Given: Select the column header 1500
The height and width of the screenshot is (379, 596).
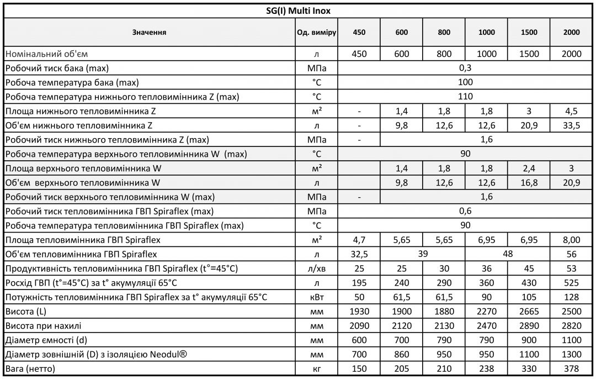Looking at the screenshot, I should coord(529,33).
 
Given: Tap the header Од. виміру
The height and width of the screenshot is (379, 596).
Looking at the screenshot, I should coord(316,33).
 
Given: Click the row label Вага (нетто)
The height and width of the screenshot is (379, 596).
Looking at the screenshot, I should coord(30,369).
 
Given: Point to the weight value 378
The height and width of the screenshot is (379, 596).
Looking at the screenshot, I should coord(572,369).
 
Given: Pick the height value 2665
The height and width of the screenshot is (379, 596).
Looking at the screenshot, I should coord(529,311).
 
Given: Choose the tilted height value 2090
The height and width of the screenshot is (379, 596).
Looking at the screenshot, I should coord(359,325).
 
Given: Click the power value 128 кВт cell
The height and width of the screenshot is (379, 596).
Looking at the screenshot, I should coord(572,297).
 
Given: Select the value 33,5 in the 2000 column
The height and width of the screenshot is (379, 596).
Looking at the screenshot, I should coord(572,125).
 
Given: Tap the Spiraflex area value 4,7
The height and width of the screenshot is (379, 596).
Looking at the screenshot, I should coord(359,240).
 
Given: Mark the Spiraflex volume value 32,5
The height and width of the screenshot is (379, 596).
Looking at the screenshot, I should coord(359,254).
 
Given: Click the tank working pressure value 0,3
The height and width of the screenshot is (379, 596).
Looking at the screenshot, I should coord(465,68).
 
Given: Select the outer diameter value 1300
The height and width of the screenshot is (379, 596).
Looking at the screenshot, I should coord(572,354).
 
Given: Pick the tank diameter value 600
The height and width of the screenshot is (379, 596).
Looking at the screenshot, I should coord(359,340).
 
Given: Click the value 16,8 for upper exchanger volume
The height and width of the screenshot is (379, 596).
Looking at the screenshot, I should coord(529,182).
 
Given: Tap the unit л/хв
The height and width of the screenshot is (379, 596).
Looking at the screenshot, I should coord(316,269).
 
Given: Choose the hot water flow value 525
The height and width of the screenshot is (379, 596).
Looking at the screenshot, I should coord(572,283).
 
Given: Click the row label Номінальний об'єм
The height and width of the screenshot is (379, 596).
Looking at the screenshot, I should coord(46,54).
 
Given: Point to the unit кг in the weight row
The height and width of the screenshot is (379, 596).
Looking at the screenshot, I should coord(316,369).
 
